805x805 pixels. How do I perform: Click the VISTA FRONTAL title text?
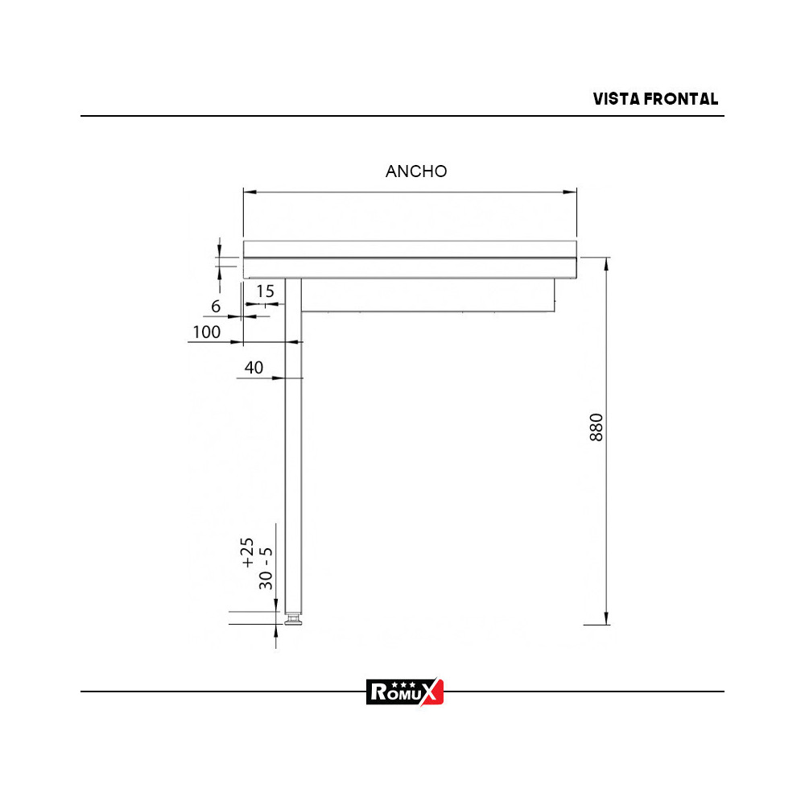coord(655,99)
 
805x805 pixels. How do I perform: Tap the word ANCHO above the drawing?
coord(416,171)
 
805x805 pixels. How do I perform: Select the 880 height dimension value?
coord(597,427)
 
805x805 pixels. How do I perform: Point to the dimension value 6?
coord(216,307)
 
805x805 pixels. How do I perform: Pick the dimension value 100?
coord(207,332)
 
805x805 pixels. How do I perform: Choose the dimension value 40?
coord(254,368)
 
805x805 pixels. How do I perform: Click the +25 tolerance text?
coord(249,554)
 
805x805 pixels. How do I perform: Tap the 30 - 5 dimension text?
coord(266,568)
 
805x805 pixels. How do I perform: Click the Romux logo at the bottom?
coord(405,691)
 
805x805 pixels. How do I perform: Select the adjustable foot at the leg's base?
coord(294,620)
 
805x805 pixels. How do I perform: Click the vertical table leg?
coord(294,451)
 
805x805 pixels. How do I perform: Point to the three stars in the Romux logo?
coord(396,683)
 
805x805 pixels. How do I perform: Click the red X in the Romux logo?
coord(433,691)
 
